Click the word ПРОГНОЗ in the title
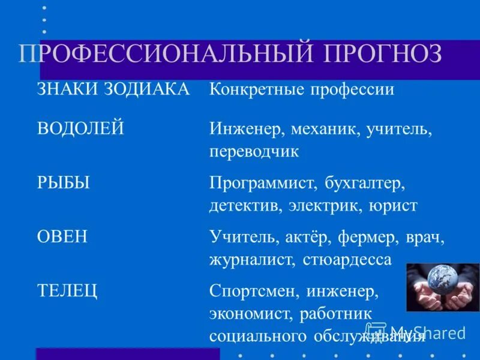click(383, 54)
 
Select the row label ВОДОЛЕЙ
click(80, 128)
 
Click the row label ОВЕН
click(62, 236)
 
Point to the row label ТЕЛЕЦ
click(67, 291)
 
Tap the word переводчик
click(254, 151)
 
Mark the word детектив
click(245, 206)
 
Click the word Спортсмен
click(255, 292)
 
